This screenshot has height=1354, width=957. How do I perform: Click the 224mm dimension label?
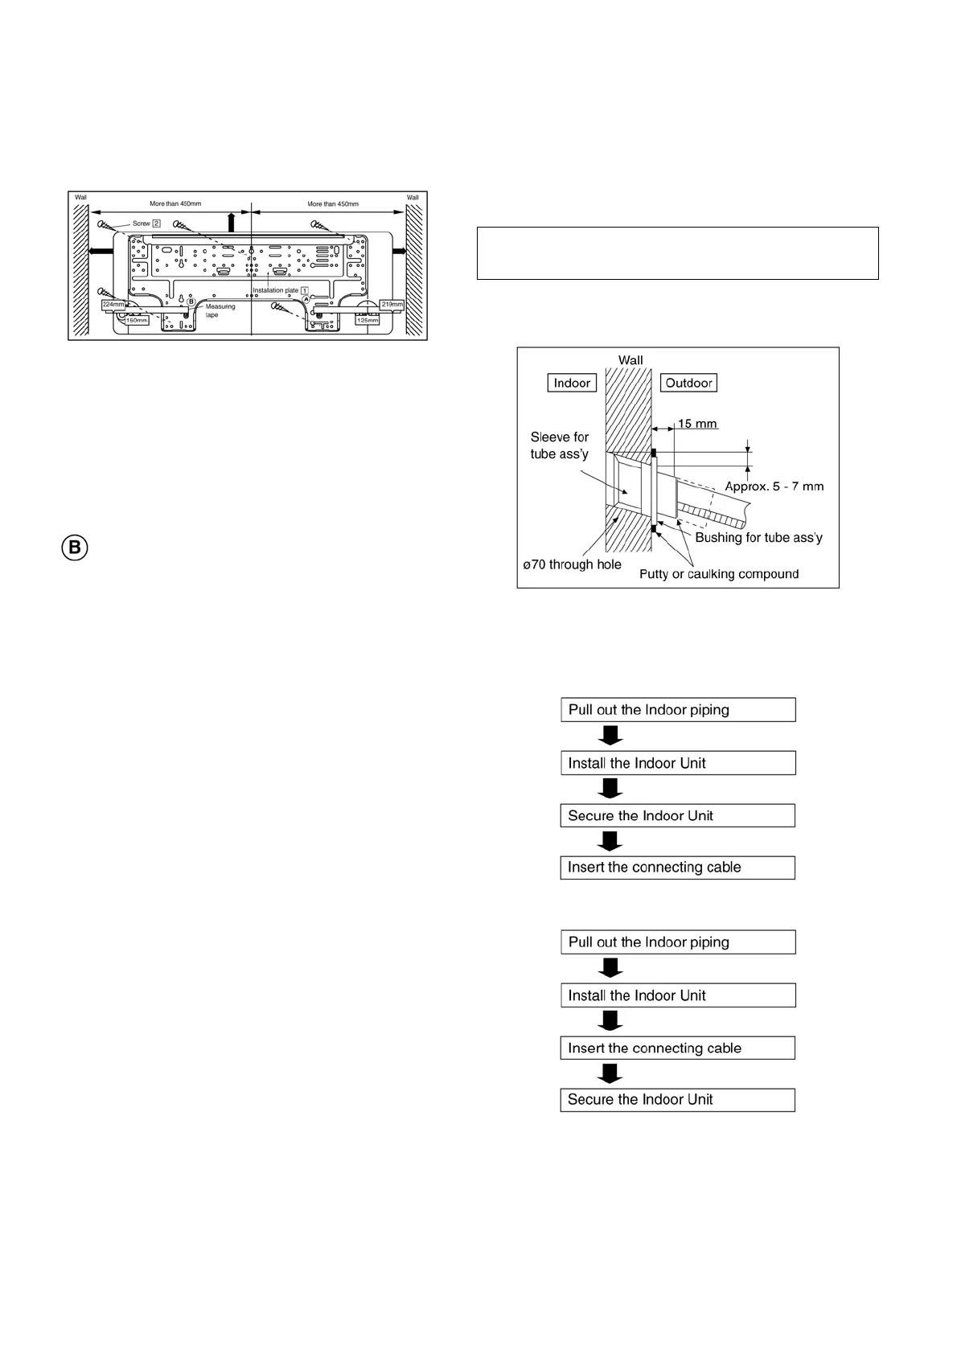113,305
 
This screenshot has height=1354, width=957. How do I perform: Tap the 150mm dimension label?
137,320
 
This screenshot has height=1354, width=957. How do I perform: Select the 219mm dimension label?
392,304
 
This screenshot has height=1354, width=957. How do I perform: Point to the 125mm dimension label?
367,320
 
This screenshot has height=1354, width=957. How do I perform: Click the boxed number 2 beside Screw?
157,223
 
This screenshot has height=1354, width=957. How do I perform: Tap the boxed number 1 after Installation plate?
305,290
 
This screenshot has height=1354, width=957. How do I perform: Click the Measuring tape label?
220,310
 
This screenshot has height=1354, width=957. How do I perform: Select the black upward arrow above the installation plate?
232,221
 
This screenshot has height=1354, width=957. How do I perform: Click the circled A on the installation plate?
306,299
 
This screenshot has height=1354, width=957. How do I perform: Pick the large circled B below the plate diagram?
74,548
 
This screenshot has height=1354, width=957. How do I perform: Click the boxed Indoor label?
572,383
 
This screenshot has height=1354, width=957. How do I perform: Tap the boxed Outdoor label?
688,383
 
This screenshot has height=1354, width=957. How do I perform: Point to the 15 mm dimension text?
697,424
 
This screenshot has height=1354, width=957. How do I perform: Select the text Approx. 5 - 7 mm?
774,486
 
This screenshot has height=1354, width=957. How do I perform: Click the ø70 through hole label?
572,564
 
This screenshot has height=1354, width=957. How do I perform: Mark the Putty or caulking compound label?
719,574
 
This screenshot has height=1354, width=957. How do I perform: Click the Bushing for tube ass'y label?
758,537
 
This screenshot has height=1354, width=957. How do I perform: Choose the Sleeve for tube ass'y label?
559,445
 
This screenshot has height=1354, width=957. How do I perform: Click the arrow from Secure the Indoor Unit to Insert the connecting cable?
610,841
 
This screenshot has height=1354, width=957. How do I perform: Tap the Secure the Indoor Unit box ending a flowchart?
677,1100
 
